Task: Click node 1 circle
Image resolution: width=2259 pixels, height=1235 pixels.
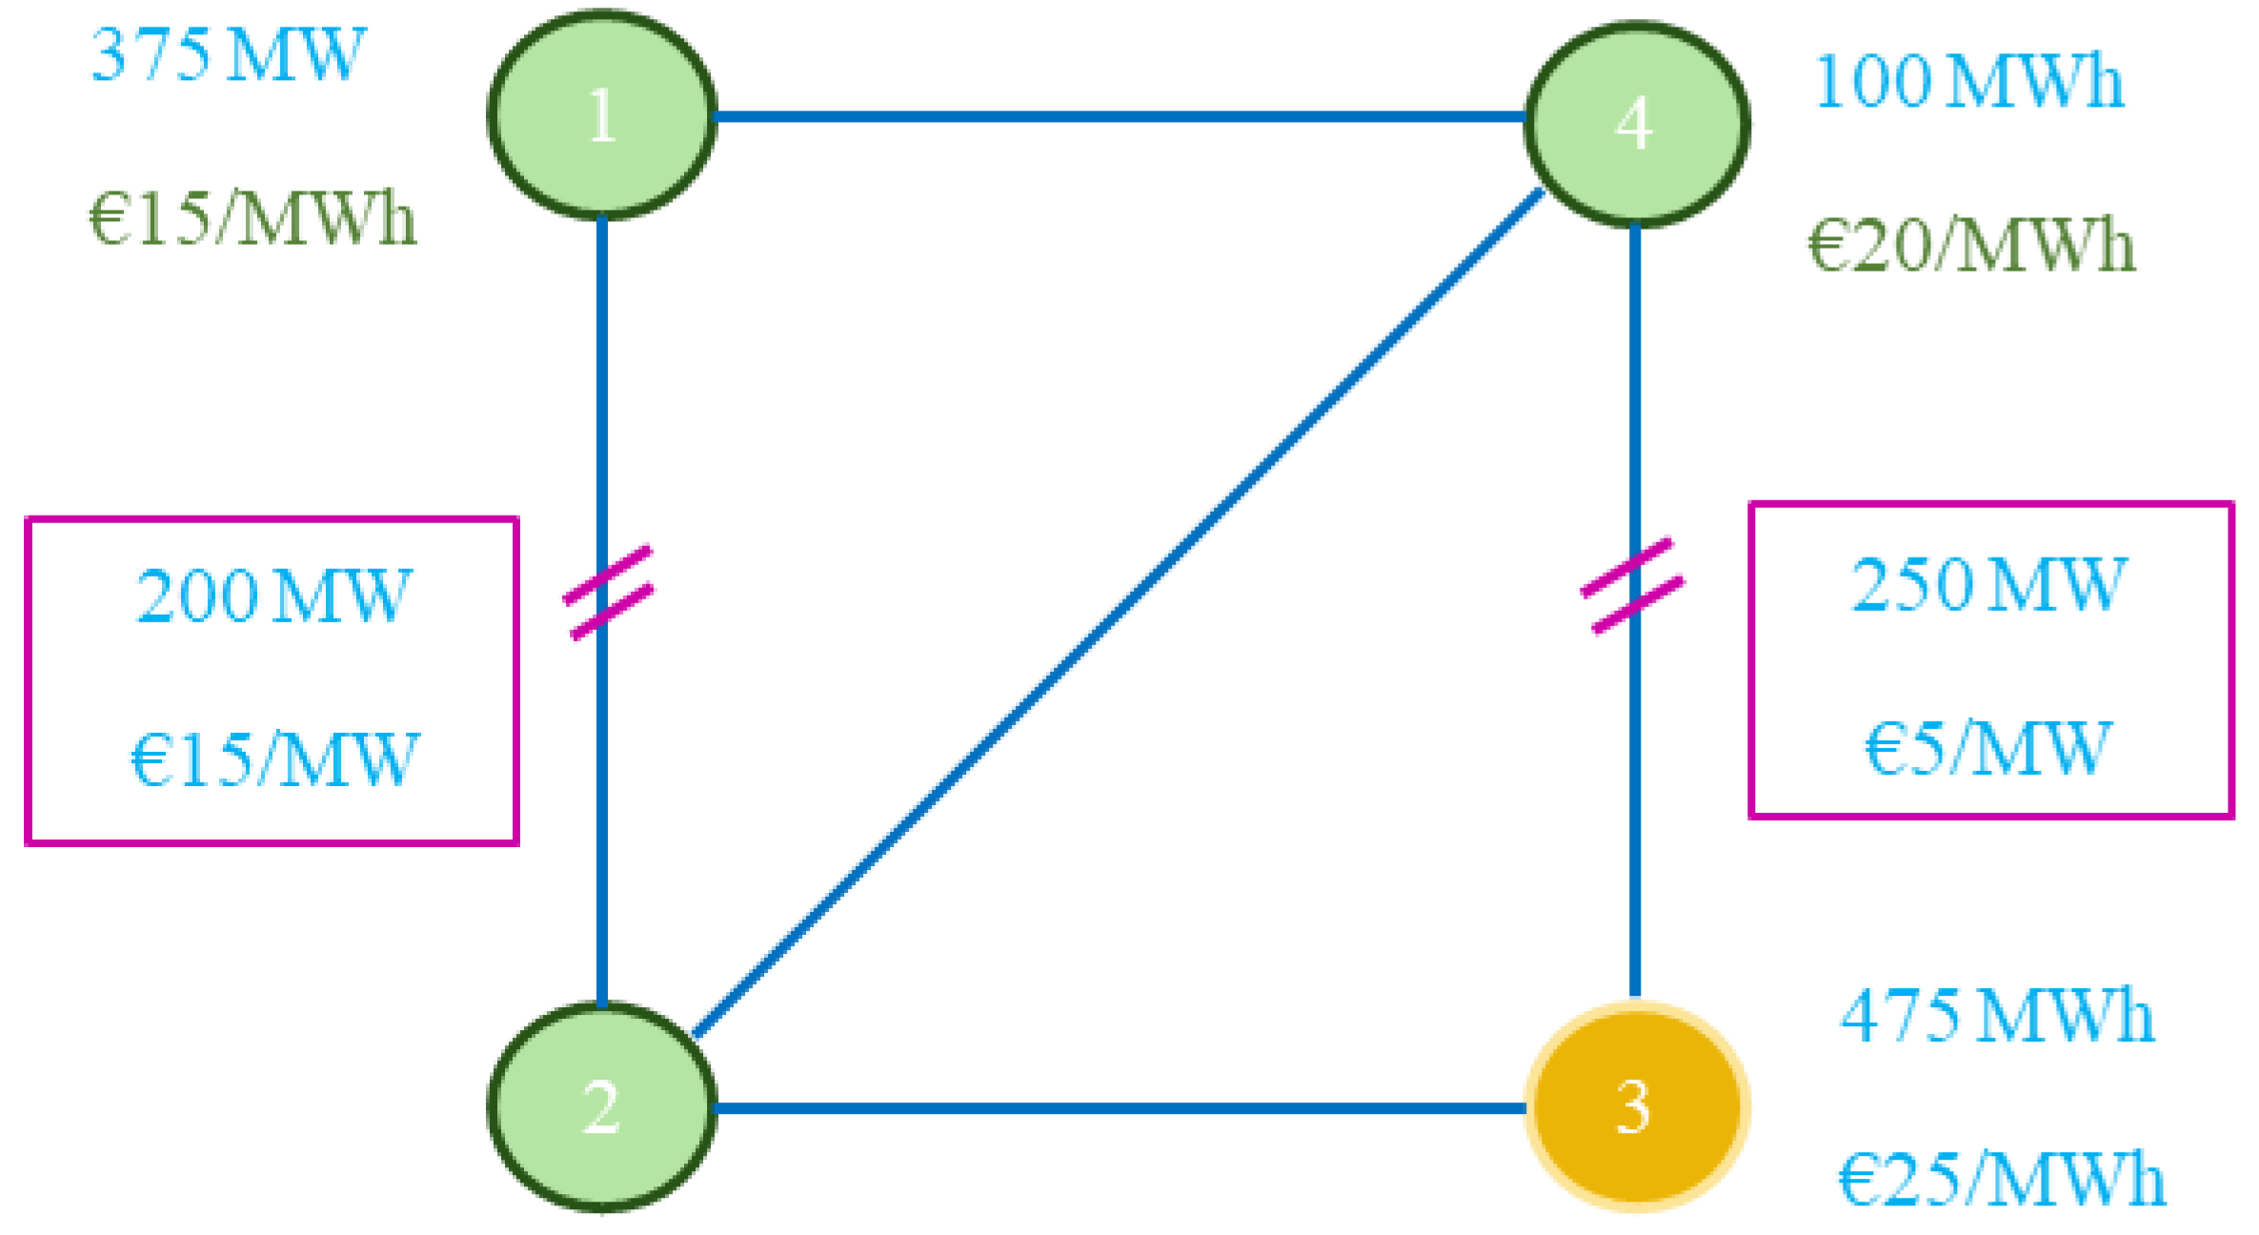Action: click(601, 115)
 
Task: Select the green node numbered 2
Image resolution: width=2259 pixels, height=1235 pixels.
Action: click(601, 1106)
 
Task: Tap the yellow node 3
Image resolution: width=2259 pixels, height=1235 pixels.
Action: click(1635, 1106)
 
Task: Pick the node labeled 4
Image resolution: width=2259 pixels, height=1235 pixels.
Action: click(1635, 124)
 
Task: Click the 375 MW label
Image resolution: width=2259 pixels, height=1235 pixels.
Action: click(228, 55)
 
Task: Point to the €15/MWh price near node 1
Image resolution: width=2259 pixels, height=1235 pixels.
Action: click(252, 219)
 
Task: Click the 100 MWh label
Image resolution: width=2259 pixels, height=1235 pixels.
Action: click(1968, 82)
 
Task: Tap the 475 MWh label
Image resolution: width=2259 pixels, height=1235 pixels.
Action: click(1996, 1016)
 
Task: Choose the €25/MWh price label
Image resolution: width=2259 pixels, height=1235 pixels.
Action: click(2001, 1180)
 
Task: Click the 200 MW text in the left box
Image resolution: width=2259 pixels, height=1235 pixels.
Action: click(273, 597)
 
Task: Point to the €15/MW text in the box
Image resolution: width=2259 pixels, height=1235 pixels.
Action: click(273, 759)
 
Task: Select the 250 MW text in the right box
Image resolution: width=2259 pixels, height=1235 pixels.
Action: click(1988, 585)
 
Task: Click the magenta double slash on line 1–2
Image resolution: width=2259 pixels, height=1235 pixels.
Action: click(609, 592)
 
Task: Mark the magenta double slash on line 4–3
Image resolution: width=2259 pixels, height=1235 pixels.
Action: click(1632, 585)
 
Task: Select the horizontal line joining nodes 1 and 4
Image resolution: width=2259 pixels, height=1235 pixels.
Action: click(1119, 116)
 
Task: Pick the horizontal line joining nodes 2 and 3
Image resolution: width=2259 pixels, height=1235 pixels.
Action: click(1119, 1107)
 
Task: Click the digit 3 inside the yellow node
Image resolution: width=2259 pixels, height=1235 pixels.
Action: click(1633, 1107)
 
